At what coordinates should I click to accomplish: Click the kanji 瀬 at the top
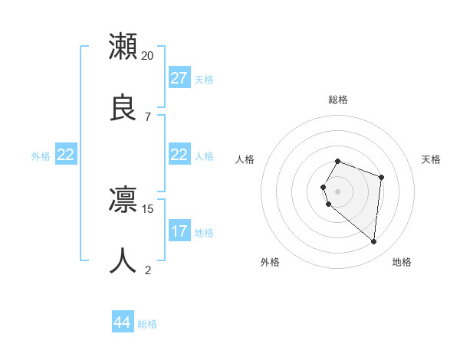123,47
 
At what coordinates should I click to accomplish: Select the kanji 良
123,106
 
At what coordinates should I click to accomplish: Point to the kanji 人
123,260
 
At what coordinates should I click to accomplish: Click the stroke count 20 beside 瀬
148,55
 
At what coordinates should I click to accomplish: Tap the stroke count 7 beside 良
148,116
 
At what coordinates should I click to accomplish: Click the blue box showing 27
179,78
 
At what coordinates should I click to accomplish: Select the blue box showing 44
123,323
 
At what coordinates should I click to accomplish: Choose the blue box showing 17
179,231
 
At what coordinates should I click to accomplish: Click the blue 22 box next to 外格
66,155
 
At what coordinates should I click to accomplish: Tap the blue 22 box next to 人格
179,155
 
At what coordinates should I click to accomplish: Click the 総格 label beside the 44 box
147,324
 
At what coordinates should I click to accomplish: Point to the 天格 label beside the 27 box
204,79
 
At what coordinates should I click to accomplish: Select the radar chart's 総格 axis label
338,100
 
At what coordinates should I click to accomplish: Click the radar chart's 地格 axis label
402,262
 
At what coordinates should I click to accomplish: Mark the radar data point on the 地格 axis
373,242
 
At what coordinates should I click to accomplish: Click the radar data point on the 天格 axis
382,177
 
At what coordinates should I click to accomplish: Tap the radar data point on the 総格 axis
338,161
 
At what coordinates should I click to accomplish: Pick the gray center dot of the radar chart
338,191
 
